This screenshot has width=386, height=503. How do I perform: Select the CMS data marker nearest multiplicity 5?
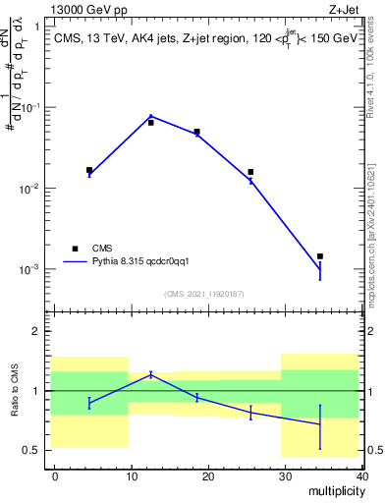[89, 170]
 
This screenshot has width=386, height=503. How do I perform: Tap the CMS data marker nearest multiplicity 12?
[150, 123]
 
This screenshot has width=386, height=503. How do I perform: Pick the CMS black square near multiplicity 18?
[196, 132]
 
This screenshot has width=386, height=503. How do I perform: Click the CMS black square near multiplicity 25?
[250, 172]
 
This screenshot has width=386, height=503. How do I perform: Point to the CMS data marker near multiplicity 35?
[319, 256]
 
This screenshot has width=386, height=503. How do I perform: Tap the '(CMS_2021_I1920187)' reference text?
[203, 294]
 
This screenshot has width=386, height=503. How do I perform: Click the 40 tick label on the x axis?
[360, 475]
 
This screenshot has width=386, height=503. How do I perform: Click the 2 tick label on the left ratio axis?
[35, 332]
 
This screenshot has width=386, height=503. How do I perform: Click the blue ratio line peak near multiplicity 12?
[150, 373]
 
